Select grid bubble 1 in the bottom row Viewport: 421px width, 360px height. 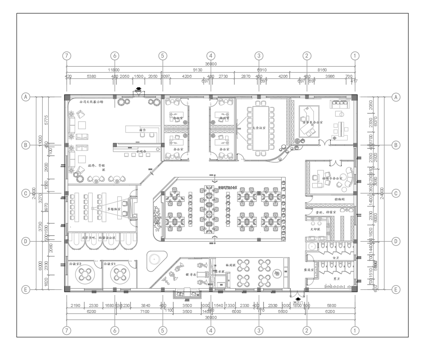354,329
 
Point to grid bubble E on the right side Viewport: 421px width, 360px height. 397,287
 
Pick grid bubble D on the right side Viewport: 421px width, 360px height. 397,241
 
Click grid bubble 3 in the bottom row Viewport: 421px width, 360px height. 259,329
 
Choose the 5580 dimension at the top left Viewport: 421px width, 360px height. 90,75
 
